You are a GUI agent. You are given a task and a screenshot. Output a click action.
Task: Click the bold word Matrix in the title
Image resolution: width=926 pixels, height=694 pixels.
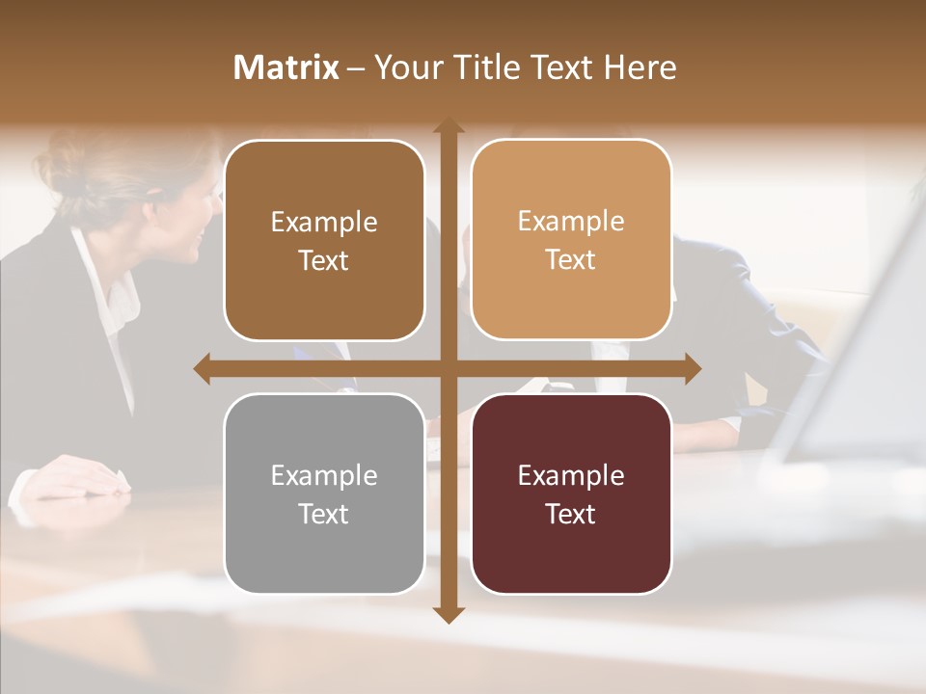point(286,67)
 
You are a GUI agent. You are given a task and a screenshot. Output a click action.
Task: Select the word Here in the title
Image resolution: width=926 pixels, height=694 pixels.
point(640,67)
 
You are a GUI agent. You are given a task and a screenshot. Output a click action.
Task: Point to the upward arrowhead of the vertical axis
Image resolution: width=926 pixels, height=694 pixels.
point(448,126)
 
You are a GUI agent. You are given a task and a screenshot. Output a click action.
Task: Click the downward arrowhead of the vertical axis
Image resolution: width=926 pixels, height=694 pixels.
point(448,614)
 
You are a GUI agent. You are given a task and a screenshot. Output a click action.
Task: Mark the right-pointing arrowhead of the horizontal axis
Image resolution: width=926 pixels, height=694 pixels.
point(692,369)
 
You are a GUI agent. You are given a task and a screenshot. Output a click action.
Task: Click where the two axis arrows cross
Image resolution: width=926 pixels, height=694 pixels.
point(448,369)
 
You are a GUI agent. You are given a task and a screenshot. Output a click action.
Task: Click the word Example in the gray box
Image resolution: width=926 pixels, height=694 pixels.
point(324,475)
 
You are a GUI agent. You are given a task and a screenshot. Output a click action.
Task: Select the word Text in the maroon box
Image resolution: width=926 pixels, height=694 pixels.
point(571,514)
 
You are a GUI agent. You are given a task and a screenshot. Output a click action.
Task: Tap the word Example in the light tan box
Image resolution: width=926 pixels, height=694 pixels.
point(571,222)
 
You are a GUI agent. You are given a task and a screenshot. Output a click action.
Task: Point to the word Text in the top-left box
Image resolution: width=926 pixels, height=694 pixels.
point(324,261)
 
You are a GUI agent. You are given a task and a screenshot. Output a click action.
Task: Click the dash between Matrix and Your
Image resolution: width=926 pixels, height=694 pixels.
point(356,68)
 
